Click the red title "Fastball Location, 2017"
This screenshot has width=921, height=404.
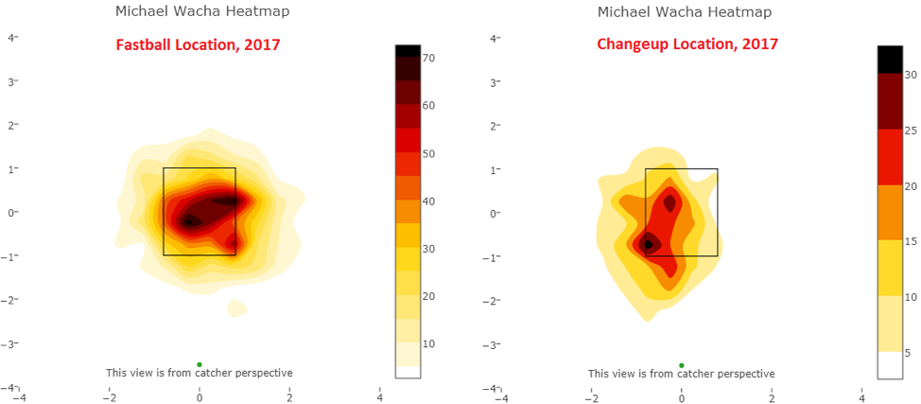pyautogui.click(x=198, y=44)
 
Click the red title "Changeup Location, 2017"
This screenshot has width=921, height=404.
pyautogui.click(x=687, y=44)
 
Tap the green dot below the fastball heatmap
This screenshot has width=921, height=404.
pyautogui.click(x=200, y=364)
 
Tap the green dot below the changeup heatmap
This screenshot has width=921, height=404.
pyautogui.click(x=681, y=364)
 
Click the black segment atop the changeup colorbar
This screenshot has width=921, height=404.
pyautogui.click(x=891, y=59)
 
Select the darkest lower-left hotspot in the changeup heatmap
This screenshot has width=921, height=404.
pyautogui.click(x=648, y=243)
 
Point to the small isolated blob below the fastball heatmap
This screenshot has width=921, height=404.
pyautogui.click(x=236, y=307)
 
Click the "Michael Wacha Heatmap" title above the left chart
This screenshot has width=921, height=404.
pyautogui.click(x=202, y=12)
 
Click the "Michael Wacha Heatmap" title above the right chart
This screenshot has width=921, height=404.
pyautogui.click(x=684, y=12)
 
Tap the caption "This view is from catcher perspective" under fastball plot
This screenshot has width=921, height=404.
pyautogui.click(x=199, y=374)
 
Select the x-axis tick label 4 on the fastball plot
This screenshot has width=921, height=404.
pyautogui.click(x=379, y=397)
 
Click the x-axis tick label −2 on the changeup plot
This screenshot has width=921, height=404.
pyautogui.click(x=589, y=397)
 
